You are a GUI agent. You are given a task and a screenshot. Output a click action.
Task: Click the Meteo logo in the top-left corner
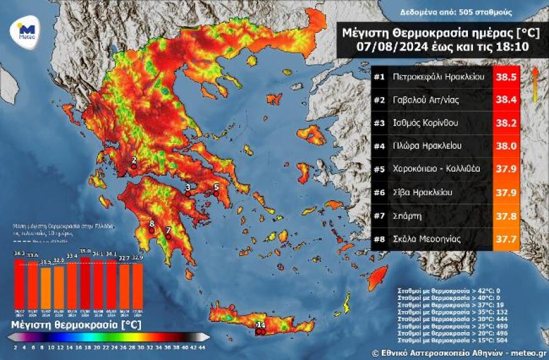[25, 29]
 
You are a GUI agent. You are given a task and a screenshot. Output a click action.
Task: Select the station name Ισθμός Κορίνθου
[425, 123]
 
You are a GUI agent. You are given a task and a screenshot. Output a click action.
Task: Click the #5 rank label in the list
[379, 168]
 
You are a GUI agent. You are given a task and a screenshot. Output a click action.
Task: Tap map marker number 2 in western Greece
[134, 166]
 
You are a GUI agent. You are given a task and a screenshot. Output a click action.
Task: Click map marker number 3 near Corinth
[187, 193]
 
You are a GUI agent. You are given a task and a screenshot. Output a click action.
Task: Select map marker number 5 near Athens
[216, 193]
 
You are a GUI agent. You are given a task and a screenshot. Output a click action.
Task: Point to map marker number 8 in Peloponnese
[151, 230]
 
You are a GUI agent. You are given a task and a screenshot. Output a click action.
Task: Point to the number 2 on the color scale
[14, 347]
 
